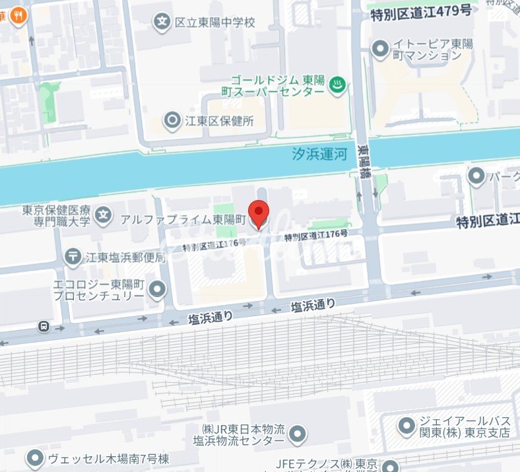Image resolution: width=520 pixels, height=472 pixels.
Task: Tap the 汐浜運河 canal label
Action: pos(320,154)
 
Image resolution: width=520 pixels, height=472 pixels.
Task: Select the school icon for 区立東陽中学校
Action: pos(162,22)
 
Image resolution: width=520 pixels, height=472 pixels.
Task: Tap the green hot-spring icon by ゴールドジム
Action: pos(338,84)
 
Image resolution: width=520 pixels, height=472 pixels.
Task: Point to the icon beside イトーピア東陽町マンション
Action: pos(380,48)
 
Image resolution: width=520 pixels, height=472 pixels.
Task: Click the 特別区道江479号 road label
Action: pos(421,11)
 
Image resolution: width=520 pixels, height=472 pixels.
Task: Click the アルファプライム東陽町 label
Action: pos(183,219)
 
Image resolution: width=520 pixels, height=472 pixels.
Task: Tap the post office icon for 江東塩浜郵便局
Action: pos(73,255)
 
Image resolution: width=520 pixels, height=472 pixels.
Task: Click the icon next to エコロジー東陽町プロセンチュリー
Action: pos(157,288)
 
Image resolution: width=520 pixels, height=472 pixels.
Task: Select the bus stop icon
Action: pos(44,325)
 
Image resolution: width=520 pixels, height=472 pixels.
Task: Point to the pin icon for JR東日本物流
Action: pos(298,434)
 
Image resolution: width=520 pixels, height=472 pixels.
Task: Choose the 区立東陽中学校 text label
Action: pos(214,22)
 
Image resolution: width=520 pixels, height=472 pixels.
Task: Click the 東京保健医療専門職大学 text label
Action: pos(56,215)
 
